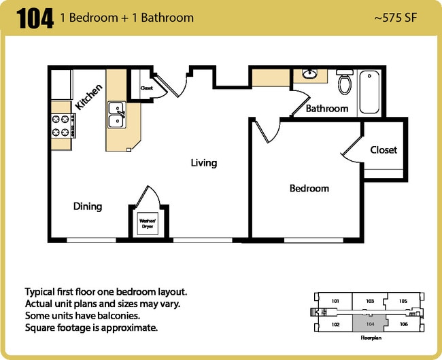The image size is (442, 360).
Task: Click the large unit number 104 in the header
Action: pos(35,18)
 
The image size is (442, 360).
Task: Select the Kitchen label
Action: pos(89,96)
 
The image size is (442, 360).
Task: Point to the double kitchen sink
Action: pos(116,114)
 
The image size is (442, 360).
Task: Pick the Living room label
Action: pos(203,163)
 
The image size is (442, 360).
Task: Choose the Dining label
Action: pos(88,206)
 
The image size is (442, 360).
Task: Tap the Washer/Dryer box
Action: pos(147,222)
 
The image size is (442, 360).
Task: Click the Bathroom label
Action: pos(326,109)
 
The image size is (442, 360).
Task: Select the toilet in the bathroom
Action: pos(345,82)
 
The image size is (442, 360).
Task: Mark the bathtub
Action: pos(371,92)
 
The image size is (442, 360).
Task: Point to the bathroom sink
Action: pos(310,73)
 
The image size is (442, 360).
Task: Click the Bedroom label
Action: pos(309,188)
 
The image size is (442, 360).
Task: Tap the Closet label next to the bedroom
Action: pos(384,149)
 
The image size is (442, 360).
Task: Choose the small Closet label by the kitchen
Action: pos(146,88)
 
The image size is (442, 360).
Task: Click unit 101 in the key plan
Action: pos(335,301)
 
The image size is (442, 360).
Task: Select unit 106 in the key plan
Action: pos(403,324)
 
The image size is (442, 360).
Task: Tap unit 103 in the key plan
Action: pos(370,301)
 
